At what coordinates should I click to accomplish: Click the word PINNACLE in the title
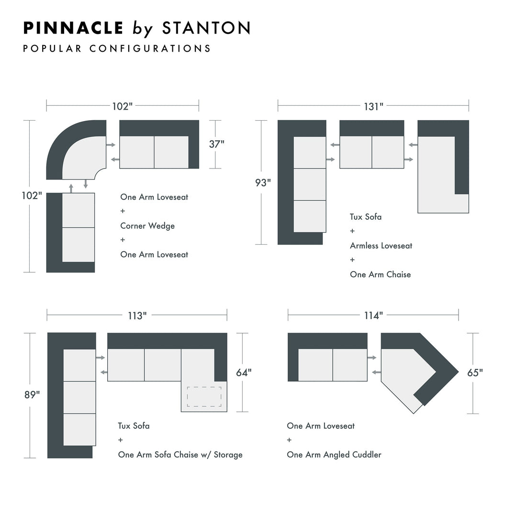click(x=73, y=28)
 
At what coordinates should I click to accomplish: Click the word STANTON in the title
click(x=206, y=28)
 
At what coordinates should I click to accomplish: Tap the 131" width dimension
click(x=373, y=106)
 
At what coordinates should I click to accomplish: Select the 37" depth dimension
click(x=216, y=144)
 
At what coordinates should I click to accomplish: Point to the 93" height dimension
click(x=262, y=182)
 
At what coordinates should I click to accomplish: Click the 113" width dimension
click(x=137, y=316)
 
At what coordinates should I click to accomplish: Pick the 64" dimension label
click(x=244, y=372)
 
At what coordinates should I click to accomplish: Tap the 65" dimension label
click(x=475, y=373)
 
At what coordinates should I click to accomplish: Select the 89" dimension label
click(x=32, y=395)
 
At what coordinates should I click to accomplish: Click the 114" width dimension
click(x=373, y=315)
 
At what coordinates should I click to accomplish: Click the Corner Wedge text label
click(x=147, y=226)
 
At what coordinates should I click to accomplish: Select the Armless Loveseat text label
click(x=381, y=246)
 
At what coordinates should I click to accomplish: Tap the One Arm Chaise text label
click(x=380, y=275)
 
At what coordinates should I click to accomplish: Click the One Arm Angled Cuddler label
click(x=334, y=455)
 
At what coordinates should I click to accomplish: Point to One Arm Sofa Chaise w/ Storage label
click(x=180, y=455)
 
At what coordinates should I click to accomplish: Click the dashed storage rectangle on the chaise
click(x=204, y=396)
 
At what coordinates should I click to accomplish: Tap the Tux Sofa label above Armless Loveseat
click(x=366, y=217)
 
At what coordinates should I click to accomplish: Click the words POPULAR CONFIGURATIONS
click(x=117, y=49)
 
